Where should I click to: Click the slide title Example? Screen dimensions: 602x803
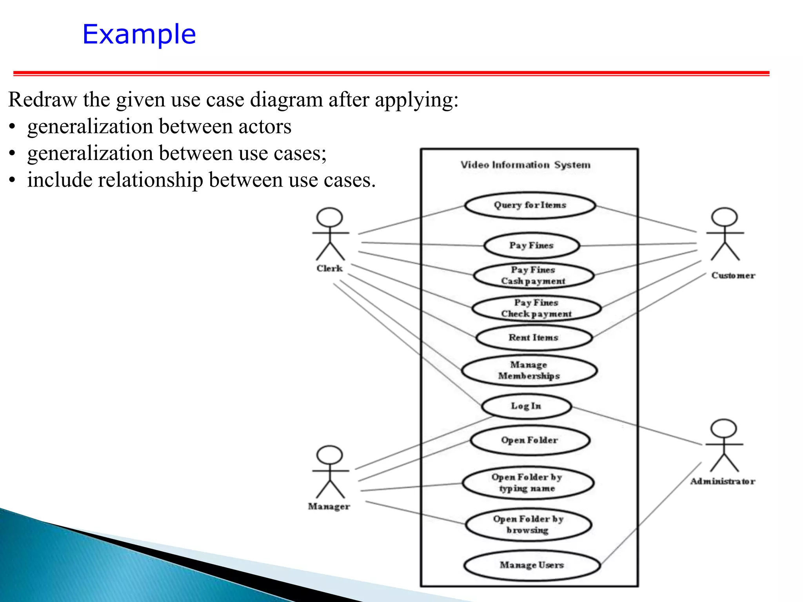139,34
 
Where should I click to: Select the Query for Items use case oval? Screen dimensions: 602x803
530,205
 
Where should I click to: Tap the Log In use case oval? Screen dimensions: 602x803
526,406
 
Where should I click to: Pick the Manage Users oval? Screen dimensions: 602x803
532,565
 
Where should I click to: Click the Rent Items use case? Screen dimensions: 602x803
533,337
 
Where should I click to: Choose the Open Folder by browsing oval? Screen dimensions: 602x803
528,524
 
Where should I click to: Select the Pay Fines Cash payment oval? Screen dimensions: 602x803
533,275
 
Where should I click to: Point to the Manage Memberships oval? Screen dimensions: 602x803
529,370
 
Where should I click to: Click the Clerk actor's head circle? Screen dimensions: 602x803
330,217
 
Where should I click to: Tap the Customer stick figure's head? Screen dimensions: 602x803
725,217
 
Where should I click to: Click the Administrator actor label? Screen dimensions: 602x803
722,481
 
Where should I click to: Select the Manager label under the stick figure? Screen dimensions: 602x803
329,506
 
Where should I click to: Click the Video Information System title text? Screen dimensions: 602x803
525,165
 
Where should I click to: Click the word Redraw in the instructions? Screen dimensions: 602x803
43,100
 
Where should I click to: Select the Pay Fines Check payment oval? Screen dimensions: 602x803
536,308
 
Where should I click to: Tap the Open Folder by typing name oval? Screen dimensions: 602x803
527,483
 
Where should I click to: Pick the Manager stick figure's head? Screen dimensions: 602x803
330,455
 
